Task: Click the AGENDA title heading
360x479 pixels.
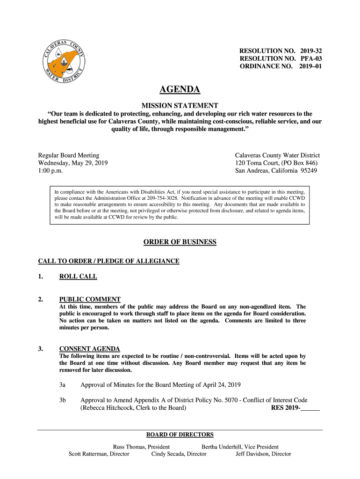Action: point(180,89)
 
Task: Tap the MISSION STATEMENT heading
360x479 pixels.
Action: point(180,105)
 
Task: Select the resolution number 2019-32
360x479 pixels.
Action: point(311,50)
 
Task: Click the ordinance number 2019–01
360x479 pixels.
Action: point(311,66)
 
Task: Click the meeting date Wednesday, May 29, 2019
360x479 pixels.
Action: point(73,163)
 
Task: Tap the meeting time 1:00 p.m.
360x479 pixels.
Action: point(50,171)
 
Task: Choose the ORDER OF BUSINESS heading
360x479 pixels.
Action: point(180,242)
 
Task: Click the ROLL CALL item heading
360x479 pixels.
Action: point(78,276)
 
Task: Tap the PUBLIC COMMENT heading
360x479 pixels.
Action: point(90,299)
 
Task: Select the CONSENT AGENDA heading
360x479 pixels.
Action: point(90,348)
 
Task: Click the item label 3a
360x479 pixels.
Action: point(62,385)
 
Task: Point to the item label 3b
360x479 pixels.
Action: point(63,400)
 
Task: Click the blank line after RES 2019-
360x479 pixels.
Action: point(310,408)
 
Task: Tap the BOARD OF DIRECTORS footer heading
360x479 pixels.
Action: point(180,435)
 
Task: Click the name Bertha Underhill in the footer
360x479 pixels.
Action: point(221,447)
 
